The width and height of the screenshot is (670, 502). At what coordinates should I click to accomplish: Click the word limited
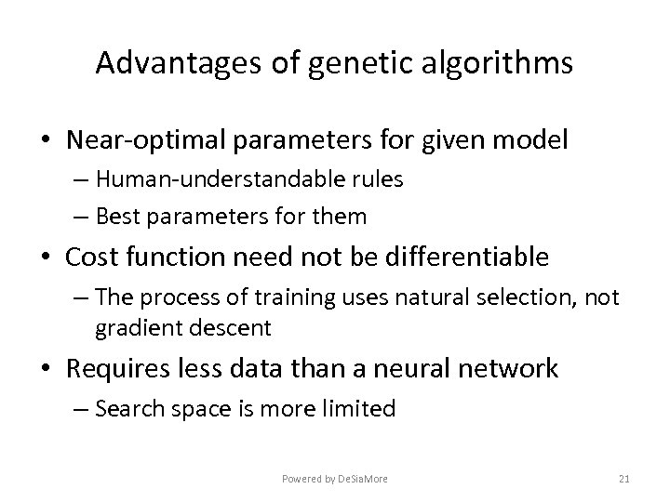pos(363,408)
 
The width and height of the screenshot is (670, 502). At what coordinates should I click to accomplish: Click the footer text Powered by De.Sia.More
pos(335,479)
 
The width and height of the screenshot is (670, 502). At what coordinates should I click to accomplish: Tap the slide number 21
pos(623,479)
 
